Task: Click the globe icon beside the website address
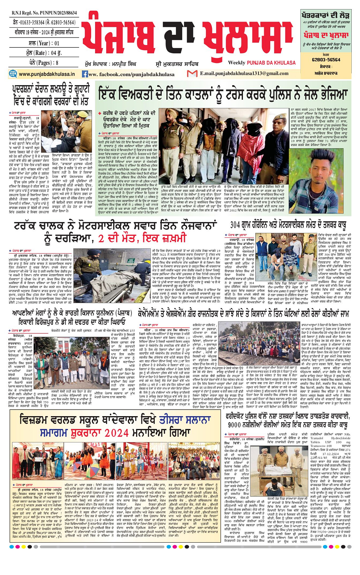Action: click(x=13, y=74)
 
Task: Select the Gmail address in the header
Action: click(x=244, y=74)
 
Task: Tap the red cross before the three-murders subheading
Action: click(x=99, y=113)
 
